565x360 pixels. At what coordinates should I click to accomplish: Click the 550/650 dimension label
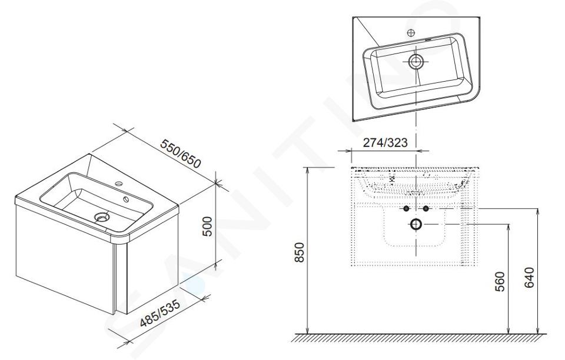click(181, 154)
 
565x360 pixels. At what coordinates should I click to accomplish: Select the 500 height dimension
click(207, 226)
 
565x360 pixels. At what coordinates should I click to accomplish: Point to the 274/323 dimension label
click(385, 143)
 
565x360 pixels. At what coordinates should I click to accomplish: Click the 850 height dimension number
click(300, 252)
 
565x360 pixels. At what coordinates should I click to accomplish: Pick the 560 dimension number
click(500, 281)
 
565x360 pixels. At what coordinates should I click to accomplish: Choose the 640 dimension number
click(529, 278)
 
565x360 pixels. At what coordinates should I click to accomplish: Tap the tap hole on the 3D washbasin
click(118, 184)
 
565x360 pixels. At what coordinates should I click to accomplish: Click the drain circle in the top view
click(416, 62)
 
